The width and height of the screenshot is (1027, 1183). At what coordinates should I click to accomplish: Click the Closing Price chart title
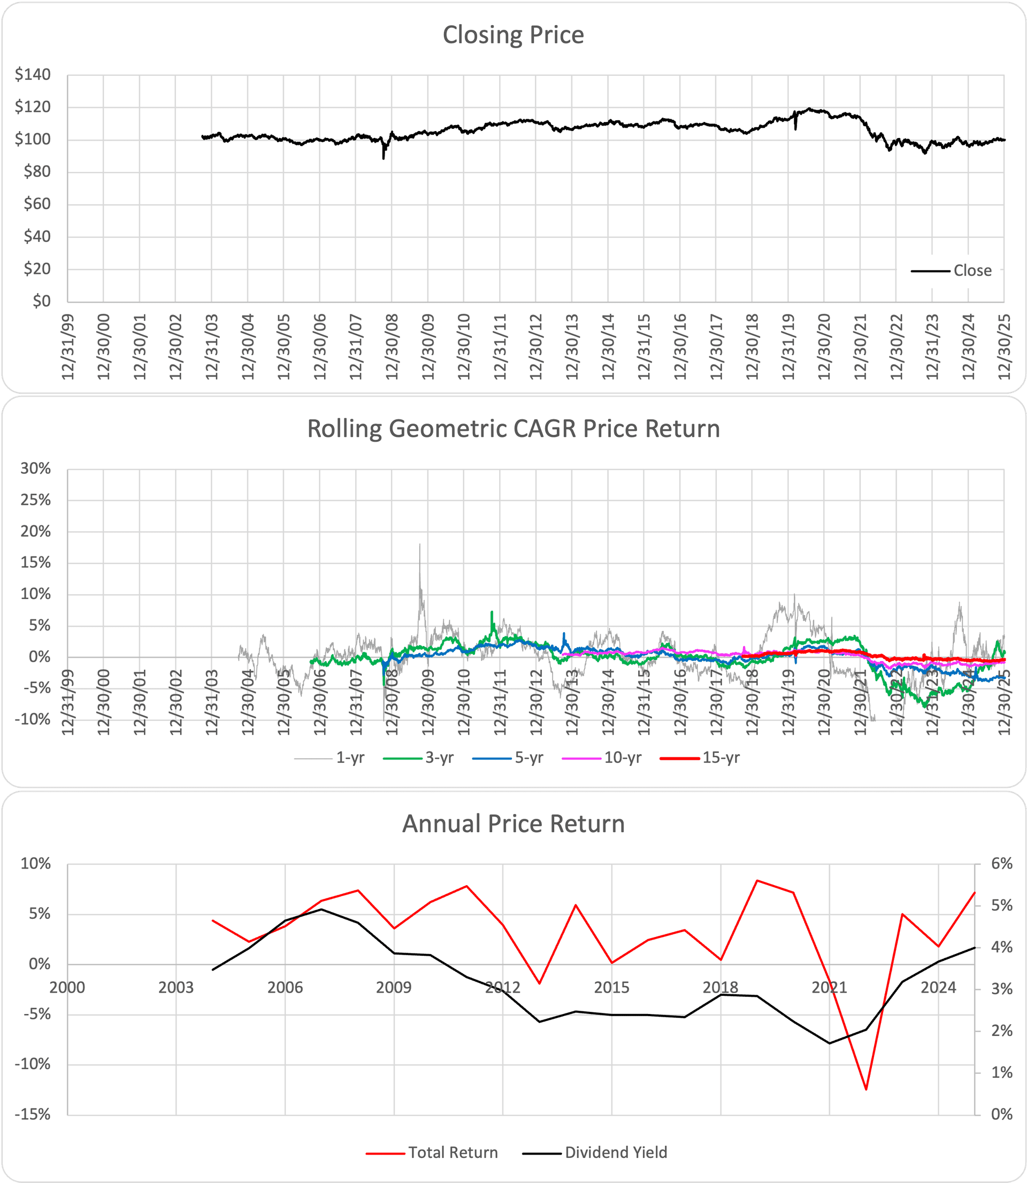pos(513,35)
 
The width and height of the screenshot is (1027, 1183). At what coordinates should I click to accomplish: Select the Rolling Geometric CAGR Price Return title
pos(513,429)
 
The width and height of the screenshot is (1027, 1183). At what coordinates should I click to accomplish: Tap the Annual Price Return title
pos(513,824)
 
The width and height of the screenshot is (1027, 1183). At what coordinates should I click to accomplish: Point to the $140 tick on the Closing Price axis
pos(33,74)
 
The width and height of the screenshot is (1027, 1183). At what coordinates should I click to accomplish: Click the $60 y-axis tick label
pos(37,204)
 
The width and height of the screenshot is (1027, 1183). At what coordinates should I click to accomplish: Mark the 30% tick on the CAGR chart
pos(35,468)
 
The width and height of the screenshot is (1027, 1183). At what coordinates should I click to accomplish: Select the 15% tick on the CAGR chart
pos(35,563)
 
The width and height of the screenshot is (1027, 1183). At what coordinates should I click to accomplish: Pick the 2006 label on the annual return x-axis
pos(285,987)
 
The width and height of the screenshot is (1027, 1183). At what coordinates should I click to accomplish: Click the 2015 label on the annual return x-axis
pos(611,987)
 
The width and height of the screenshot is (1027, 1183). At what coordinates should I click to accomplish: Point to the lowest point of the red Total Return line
pos(866,1089)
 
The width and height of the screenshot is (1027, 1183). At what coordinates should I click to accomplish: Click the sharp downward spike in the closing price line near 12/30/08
pos(384,158)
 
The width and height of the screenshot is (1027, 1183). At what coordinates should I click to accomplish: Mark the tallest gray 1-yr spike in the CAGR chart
pos(419,544)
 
